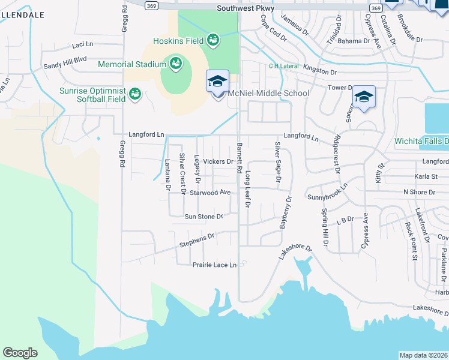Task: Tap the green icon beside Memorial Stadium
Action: [x=176, y=64]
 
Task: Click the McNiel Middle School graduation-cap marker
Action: [x=217, y=81]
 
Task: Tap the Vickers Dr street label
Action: [x=218, y=161]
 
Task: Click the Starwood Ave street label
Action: [x=210, y=193]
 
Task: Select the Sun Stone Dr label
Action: [x=203, y=216]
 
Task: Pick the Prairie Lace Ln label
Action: [x=215, y=265]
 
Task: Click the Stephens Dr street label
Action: [x=197, y=241]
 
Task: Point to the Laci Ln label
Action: [x=82, y=44]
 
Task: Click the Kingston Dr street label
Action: [x=320, y=71]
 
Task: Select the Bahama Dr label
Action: [x=354, y=41]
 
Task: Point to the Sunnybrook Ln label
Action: [x=328, y=194]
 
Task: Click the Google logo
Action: [x=20, y=352]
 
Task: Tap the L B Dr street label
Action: [x=345, y=220]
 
